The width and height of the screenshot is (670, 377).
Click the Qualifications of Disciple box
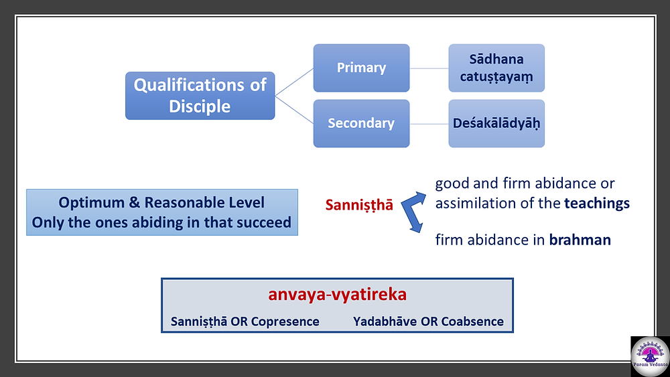click(200, 96)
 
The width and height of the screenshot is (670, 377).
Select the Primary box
click(362, 68)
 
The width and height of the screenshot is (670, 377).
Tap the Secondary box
click(362, 123)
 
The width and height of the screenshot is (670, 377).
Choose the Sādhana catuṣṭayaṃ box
click(496, 68)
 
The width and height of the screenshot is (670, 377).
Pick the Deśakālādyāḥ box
click(496, 123)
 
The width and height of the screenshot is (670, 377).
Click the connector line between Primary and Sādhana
click(429, 68)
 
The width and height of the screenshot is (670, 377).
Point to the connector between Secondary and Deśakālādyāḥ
click(429, 124)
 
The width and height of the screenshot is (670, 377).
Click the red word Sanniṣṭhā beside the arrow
click(359, 205)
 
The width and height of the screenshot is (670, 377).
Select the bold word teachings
click(597, 203)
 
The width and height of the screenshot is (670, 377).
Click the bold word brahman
click(580, 240)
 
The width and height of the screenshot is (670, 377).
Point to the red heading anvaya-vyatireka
click(337, 295)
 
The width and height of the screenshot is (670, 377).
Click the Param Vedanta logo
click(650, 356)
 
